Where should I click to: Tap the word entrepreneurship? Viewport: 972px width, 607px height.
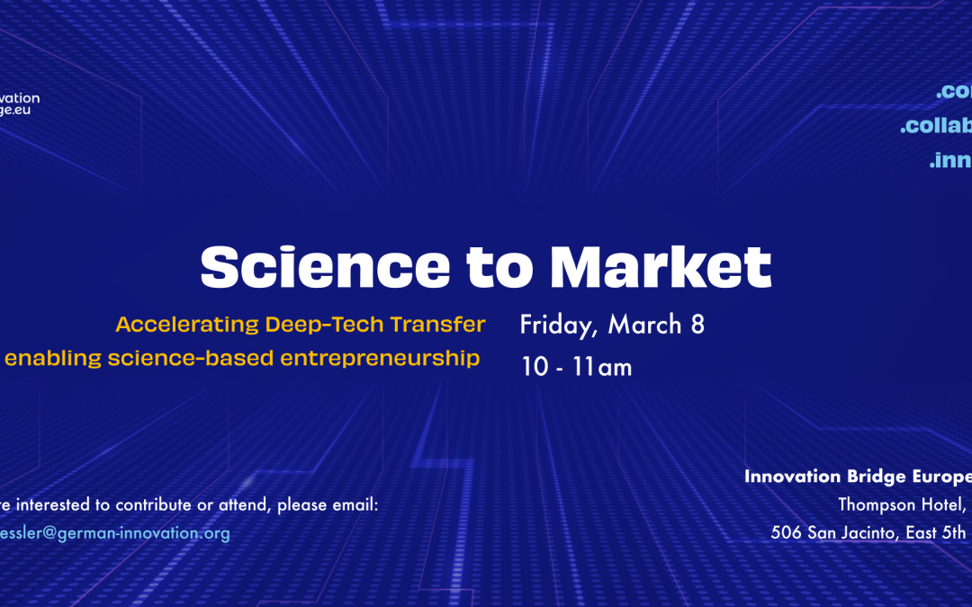click(x=380, y=359)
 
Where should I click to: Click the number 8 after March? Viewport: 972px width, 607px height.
click(x=697, y=325)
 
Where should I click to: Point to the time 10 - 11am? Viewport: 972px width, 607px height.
click(x=577, y=367)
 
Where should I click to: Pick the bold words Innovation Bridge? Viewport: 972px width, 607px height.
click(x=824, y=477)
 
